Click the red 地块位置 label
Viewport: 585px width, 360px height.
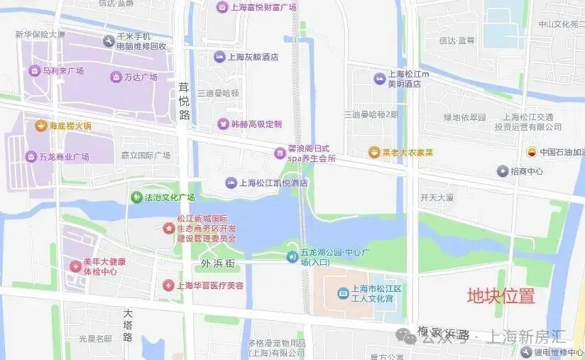coord(500,296)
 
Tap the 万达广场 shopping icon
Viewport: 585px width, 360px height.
coord(116,77)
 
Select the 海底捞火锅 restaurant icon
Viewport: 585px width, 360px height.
coord(40,126)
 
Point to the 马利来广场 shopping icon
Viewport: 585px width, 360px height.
coord(34,70)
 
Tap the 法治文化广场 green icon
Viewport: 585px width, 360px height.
coord(136,197)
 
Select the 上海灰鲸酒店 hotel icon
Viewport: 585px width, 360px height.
coord(220,57)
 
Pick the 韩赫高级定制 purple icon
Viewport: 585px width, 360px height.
coord(224,124)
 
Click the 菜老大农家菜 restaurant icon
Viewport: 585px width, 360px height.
coord(374,152)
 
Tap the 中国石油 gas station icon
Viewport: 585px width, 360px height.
coord(531,151)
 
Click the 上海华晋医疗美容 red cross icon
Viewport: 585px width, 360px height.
coord(168,285)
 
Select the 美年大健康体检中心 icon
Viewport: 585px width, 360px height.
coord(75,266)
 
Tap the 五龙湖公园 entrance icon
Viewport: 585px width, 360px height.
coord(292,256)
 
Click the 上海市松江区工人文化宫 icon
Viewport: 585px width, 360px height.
coord(339,293)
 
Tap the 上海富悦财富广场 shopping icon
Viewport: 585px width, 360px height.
coord(222,7)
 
